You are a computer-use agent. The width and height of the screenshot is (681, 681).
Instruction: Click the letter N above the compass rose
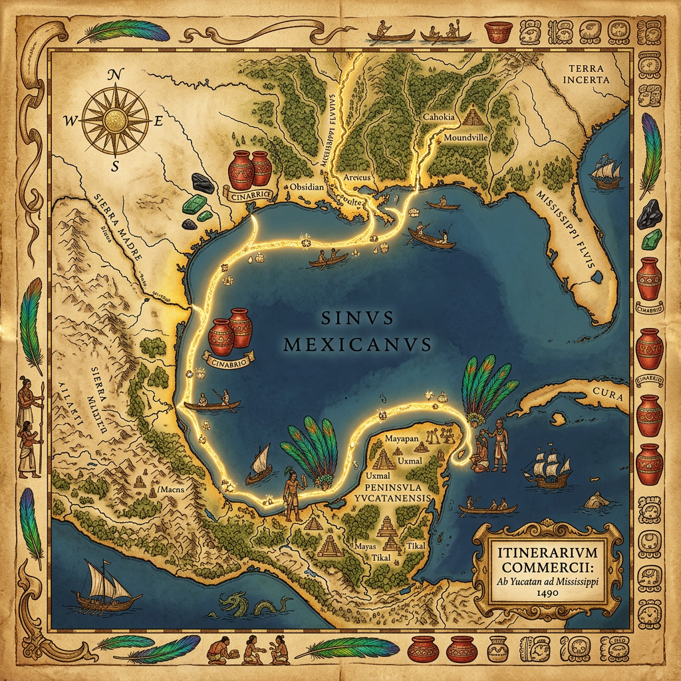point(114,76)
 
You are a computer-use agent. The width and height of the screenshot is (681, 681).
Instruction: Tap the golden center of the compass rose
point(117,120)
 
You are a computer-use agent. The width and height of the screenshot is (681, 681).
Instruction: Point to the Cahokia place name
point(439,117)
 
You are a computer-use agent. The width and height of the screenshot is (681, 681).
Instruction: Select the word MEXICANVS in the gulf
point(357,344)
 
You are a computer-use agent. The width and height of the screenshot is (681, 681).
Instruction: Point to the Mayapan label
point(404,440)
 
